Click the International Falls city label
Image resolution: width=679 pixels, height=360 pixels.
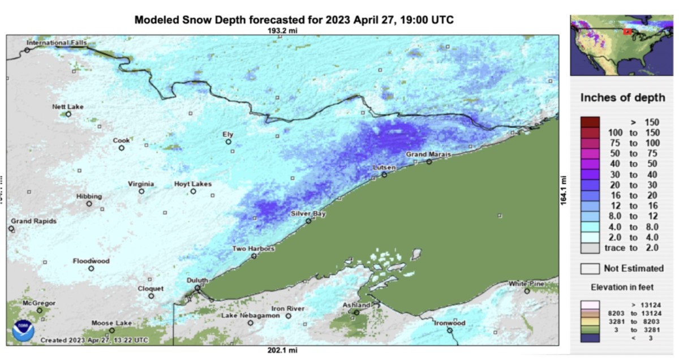57,43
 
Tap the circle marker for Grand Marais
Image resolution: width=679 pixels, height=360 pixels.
429,161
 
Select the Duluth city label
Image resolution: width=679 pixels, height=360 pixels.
197,280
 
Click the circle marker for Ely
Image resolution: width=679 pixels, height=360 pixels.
229,142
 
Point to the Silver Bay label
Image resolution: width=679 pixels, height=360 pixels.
308,213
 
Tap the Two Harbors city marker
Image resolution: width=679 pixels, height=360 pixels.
254,256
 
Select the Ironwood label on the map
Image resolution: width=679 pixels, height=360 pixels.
449,323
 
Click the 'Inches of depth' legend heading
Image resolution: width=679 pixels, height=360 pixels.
622,98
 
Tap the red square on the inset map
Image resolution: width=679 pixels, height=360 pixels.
627,32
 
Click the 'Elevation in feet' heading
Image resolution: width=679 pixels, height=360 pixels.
622,288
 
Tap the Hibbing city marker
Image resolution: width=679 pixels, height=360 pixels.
89,203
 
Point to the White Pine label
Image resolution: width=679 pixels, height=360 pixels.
526,284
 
